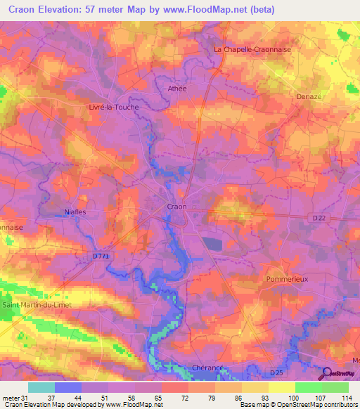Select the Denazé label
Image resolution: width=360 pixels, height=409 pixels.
(x=309, y=95)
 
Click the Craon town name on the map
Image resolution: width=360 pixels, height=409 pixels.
(x=176, y=207)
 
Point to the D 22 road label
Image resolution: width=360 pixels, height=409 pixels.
(x=317, y=219)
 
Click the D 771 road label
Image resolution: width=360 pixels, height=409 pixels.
(x=102, y=257)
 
